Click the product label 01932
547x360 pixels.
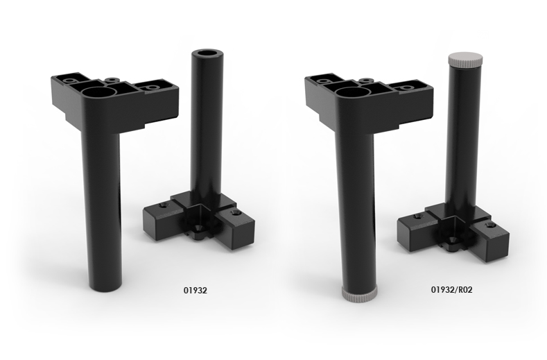tap(196, 290)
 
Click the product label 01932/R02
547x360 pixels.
tap(452, 290)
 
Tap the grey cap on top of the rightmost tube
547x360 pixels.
tap(462, 58)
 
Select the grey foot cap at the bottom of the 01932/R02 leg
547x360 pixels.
tap(360, 294)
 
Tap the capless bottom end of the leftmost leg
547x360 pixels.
tap(105, 287)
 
